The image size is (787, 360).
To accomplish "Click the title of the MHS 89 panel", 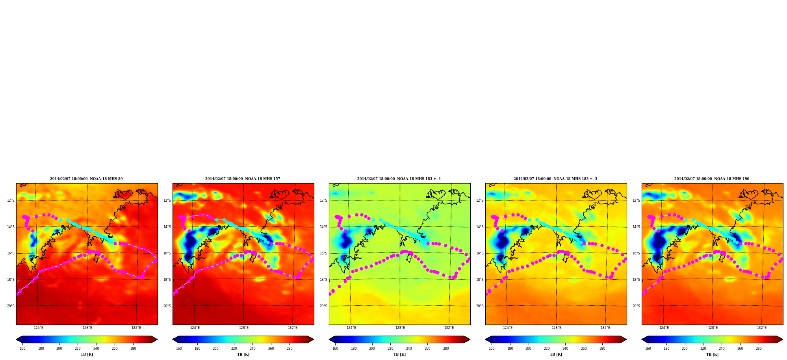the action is (x=86, y=179).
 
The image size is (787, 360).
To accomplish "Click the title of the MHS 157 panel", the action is (x=243, y=179).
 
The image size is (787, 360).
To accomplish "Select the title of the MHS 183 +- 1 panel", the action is (x=399, y=179).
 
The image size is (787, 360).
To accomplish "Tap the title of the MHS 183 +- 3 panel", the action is (x=555, y=179).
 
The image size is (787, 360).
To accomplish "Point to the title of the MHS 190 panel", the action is (x=712, y=179).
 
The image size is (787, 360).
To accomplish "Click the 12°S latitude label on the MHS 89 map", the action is (x=11, y=200).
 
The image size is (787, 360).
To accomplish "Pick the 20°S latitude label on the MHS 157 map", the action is (x=167, y=306).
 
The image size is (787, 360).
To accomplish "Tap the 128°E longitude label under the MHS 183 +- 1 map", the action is (x=400, y=328).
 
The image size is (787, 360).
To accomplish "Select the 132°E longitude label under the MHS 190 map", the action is (x=762, y=328).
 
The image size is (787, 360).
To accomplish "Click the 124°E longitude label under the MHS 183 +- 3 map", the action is (x=508, y=328).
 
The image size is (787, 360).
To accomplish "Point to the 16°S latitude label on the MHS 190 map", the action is (x=636, y=253).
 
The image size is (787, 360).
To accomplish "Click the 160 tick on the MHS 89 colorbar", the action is (x=22, y=349).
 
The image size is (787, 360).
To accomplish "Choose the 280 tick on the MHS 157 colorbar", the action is (x=290, y=349).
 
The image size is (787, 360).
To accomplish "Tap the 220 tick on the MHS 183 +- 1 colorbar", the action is (x=390, y=349).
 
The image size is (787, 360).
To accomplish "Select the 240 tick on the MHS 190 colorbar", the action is (x=722, y=349).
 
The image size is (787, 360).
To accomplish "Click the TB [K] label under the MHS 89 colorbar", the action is (x=87, y=354).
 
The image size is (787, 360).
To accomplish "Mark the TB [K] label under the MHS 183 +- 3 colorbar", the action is (x=556, y=354).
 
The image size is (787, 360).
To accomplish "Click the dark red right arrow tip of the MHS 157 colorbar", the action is (x=314, y=340).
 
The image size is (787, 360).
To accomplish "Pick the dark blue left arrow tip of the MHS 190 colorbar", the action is (x=642, y=340).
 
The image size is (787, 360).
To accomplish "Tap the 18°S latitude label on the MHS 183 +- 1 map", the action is (x=323, y=280).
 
